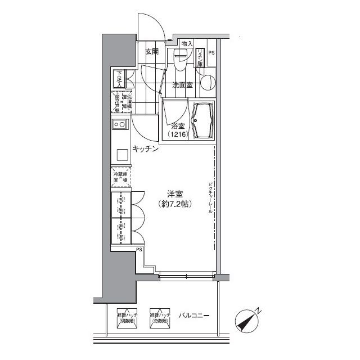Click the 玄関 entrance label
(151, 52)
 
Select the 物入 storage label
(187, 44)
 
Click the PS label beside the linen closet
(211, 53)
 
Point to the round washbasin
(206, 82)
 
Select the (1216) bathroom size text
(178, 135)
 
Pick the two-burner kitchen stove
(119, 125)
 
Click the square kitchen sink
(121, 154)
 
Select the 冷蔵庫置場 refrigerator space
(120, 179)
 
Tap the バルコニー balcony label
(194, 316)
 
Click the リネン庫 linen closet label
(200, 57)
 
